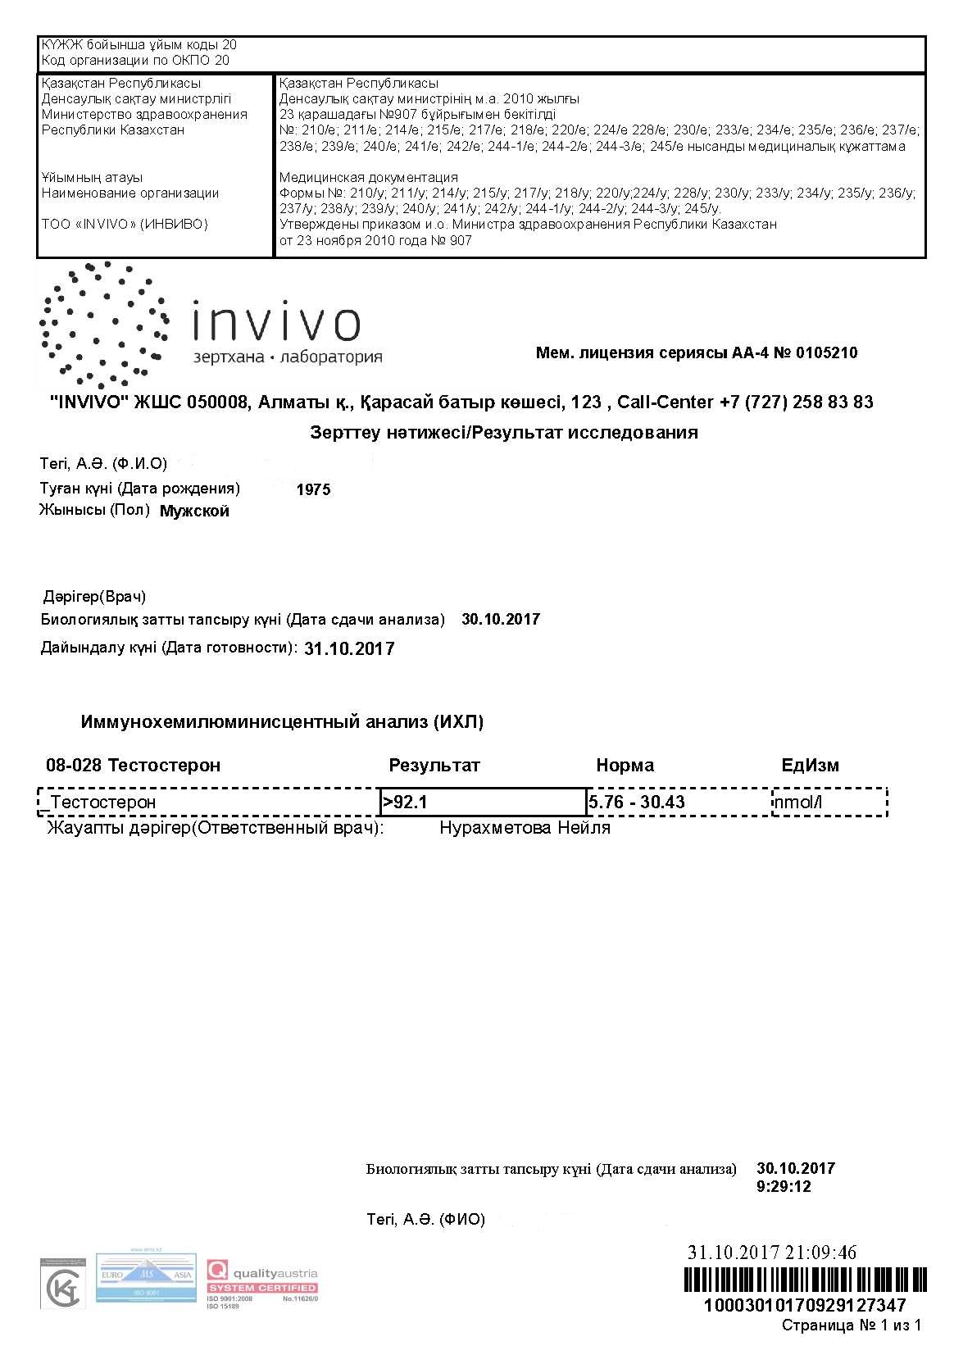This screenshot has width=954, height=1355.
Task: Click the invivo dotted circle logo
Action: click(103, 325)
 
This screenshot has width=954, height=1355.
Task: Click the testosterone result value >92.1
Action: click(406, 802)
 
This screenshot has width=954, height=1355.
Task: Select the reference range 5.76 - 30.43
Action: click(637, 802)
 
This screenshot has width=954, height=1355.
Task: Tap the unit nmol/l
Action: click(797, 802)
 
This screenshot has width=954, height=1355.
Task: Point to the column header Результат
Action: click(434, 766)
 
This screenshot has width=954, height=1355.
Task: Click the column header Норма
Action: click(625, 766)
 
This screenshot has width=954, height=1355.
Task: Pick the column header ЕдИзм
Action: click(810, 766)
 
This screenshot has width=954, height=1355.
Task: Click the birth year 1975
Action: click(313, 490)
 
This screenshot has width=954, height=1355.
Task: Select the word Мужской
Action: click(194, 512)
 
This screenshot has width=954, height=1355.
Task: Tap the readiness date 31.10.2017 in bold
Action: click(349, 649)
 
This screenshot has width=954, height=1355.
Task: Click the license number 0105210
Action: click(826, 353)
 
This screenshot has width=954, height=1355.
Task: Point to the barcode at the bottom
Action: click(805, 1280)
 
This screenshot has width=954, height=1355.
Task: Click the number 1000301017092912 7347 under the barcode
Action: click(805, 1305)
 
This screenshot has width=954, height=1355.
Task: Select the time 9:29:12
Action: click(784, 1186)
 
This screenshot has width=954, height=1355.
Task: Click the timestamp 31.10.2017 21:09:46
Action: click(771, 1253)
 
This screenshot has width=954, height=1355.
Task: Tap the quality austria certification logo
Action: click(261, 1282)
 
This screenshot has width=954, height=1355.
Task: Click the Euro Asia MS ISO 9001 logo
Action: click(146, 1277)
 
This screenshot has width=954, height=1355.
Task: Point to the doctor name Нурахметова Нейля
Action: click(525, 828)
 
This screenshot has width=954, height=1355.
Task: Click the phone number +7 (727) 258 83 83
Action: click(796, 402)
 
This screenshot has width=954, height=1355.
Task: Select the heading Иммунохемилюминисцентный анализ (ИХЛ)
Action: click(282, 722)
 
